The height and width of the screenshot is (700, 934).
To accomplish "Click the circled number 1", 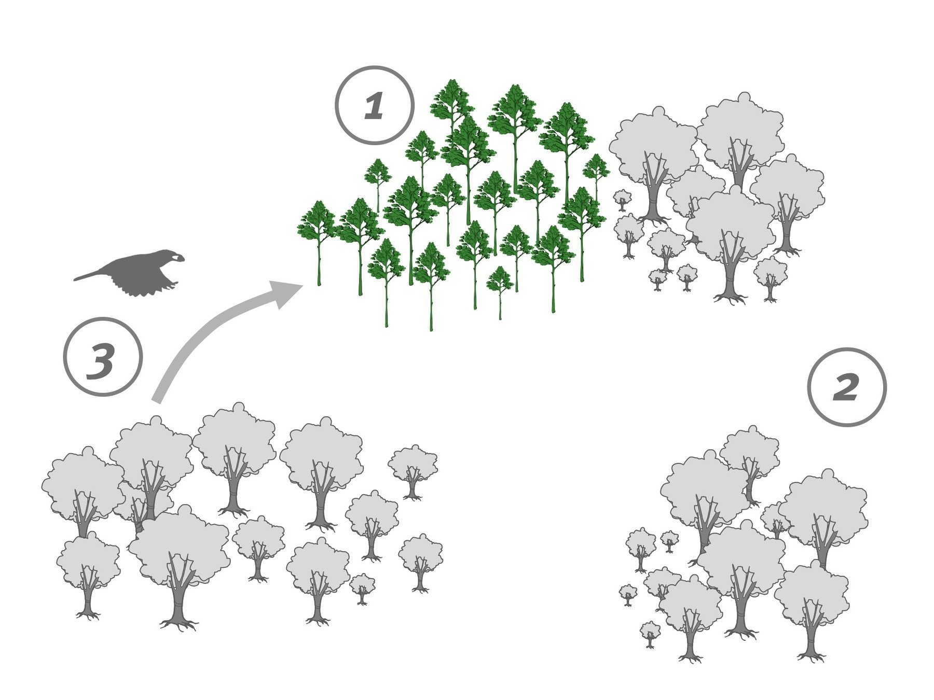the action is pos(375,105).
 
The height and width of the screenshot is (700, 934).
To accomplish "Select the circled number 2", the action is pos(847,387).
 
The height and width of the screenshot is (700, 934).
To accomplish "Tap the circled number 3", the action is pos(103,357).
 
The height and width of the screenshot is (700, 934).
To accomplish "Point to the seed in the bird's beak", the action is pos(178,257).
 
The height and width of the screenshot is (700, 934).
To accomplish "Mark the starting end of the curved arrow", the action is pos(157,400).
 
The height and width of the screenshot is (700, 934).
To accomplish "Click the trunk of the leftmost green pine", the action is pos(319,264).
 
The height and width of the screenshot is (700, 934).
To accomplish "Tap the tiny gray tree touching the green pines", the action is pos(622,200).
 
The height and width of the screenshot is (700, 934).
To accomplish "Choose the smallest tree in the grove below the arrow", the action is pos(362,589).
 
